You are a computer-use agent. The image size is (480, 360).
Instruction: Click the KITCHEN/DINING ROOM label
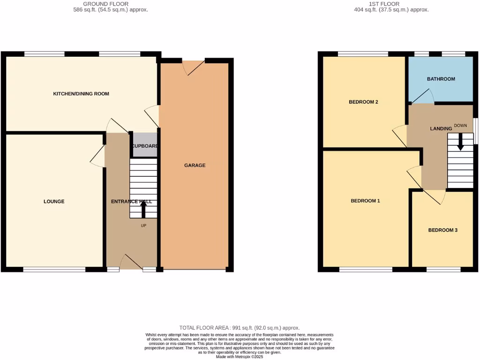(81, 94)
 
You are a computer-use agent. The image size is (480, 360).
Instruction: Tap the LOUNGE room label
(54, 202)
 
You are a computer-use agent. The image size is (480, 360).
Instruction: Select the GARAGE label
(195, 165)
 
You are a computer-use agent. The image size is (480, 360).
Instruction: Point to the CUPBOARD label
(144, 146)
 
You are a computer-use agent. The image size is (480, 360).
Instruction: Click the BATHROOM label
(441, 79)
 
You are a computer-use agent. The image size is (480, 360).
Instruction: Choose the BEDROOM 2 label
(363, 102)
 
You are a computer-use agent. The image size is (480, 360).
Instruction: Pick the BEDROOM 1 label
(365, 201)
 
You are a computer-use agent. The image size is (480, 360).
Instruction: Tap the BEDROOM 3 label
(442, 230)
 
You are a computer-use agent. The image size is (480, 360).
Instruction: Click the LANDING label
(441, 128)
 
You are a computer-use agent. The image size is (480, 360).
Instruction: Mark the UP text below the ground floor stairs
(143, 225)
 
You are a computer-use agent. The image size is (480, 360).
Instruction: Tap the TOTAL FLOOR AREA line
(240, 328)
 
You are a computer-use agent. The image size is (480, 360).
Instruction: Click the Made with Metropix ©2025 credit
(240, 357)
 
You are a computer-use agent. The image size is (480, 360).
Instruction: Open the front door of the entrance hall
(133, 262)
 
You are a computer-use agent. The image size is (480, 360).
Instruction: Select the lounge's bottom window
(54, 270)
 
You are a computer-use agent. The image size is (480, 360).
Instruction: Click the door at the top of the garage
(194, 67)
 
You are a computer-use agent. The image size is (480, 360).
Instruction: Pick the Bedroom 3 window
(443, 270)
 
